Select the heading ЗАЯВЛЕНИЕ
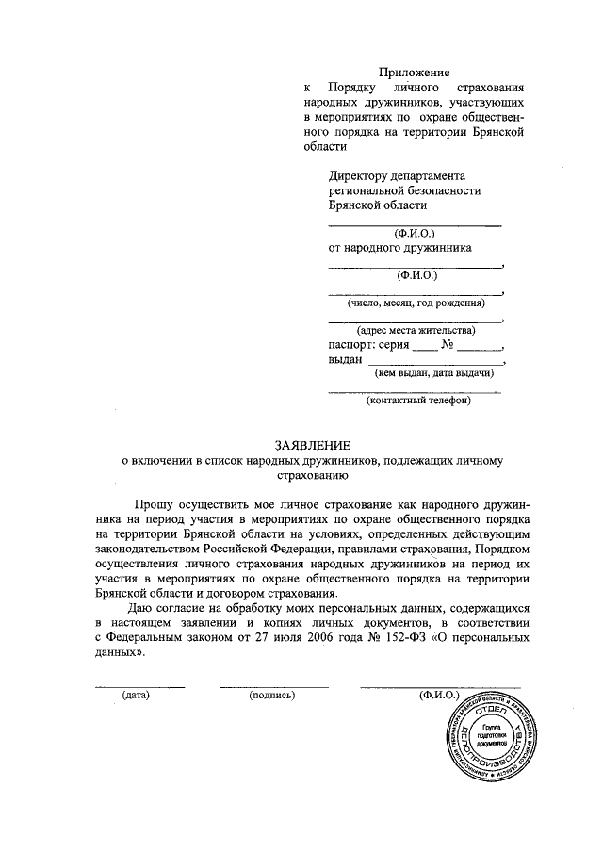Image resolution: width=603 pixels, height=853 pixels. pos(312,444)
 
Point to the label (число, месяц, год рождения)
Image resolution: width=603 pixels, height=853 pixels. pos(416,303)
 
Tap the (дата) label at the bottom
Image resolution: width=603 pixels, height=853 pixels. pos(138,696)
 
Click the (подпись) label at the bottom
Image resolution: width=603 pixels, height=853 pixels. pos(272,696)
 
